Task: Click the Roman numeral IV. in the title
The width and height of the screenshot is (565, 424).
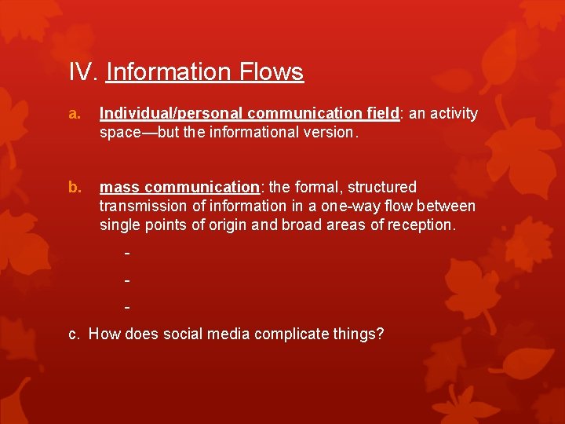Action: (82, 72)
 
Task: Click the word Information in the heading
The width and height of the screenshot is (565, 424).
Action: (163, 72)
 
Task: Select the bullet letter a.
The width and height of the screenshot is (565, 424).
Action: (75, 114)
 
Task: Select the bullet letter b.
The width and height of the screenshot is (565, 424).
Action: (75, 188)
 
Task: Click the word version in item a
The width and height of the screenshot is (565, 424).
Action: (330, 133)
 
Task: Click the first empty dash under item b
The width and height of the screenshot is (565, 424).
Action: (126, 254)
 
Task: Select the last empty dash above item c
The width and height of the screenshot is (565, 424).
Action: (126, 307)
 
